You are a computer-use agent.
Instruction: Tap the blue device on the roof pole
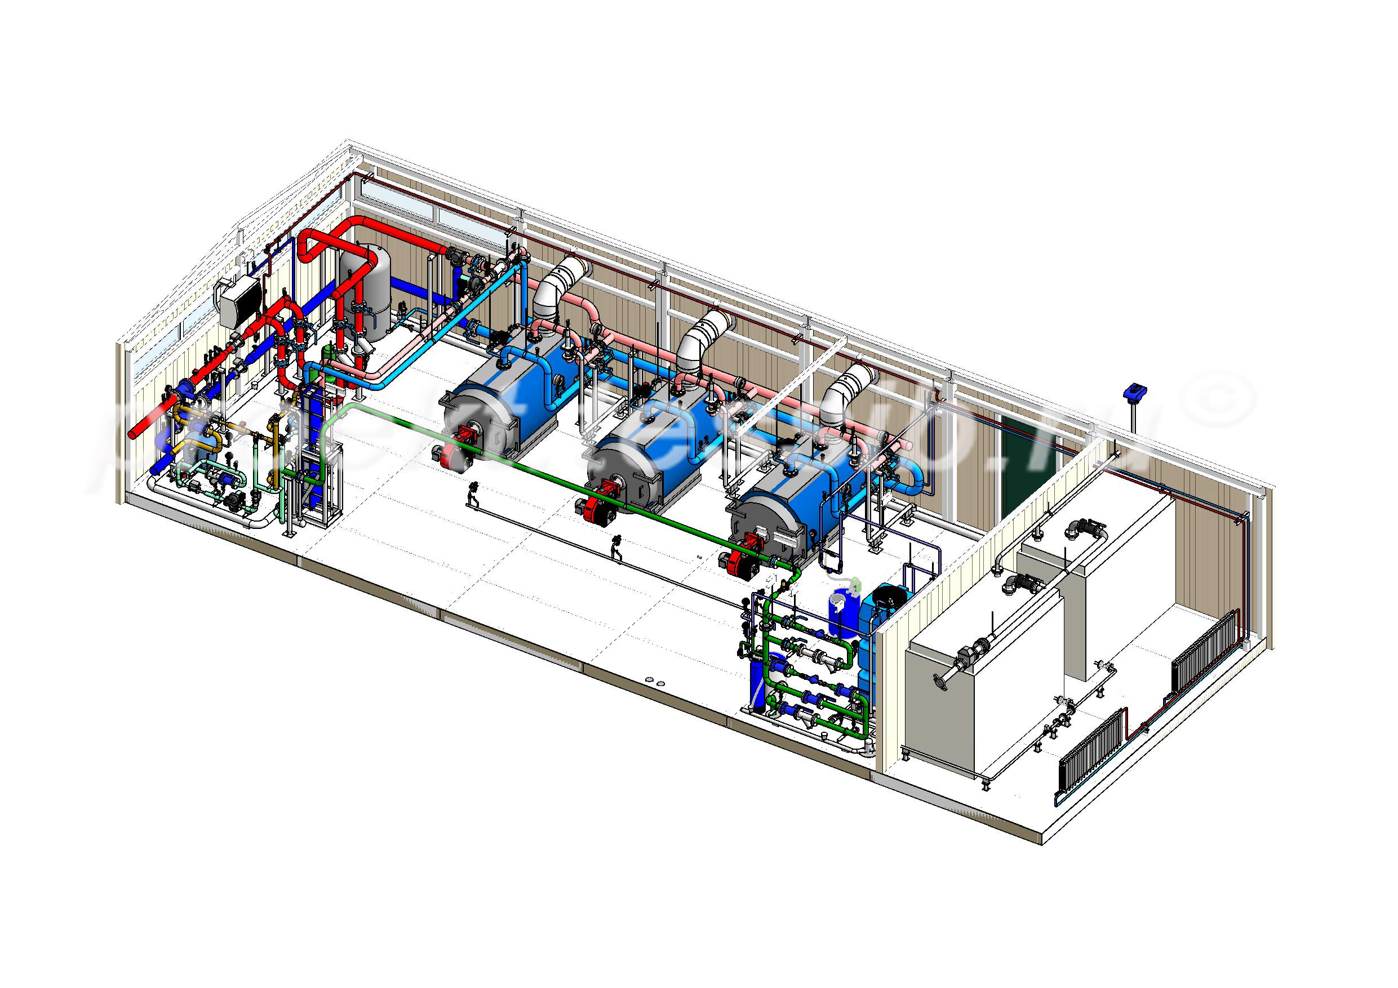pyautogui.click(x=1134, y=391)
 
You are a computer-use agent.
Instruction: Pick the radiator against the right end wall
pyautogui.click(x=1205, y=653)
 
